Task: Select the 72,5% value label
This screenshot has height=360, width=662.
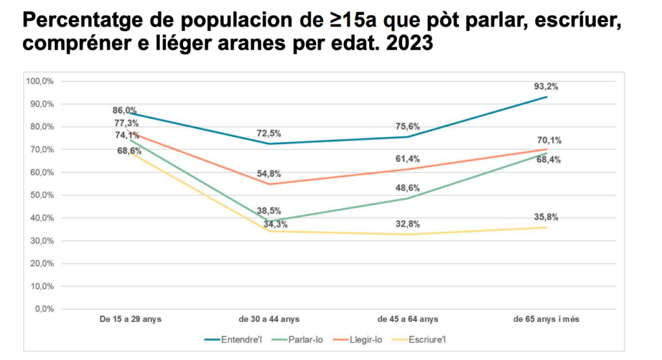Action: (268, 133)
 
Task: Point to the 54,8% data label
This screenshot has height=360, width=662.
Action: (268, 174)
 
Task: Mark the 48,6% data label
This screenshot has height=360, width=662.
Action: (407, 188)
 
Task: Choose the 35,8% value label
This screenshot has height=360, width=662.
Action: (546, 217)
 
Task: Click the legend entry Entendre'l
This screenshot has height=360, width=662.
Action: (237, 339)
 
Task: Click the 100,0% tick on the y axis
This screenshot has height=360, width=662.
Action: (39, 81)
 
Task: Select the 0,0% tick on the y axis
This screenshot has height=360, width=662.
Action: (43, 309)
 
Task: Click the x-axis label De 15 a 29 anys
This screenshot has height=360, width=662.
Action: (130, 319)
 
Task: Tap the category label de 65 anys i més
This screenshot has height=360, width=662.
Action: (546, 319)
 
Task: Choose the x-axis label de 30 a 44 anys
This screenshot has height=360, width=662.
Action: (269, 319)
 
